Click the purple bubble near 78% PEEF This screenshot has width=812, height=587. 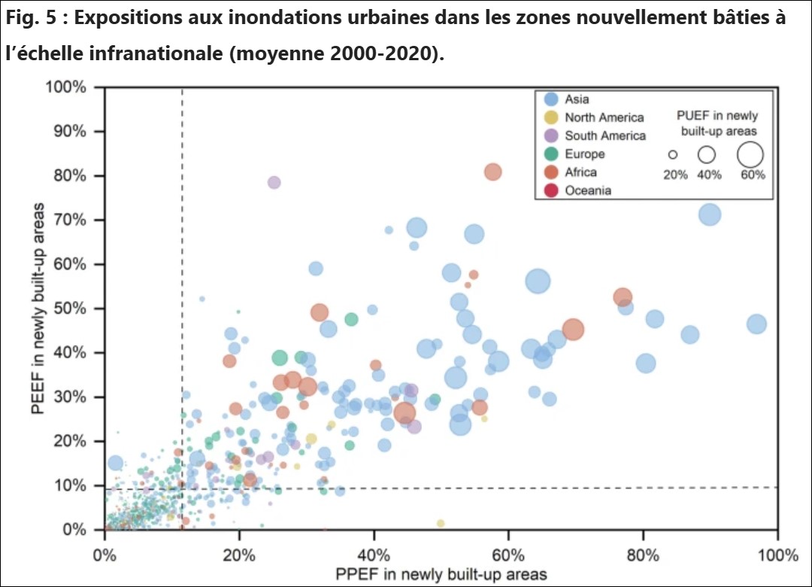click(274, 182)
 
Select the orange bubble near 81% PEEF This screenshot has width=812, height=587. click(492, 172)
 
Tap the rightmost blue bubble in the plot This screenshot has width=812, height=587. click(756, 324)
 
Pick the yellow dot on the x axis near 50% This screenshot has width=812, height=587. click(441, 523)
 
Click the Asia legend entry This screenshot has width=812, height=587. click(577, 99)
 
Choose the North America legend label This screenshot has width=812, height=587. click(604, 117)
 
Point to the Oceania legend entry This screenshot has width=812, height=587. click(588, 190)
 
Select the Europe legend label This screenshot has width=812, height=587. click(585, 154)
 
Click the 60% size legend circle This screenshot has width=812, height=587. click(750, 154)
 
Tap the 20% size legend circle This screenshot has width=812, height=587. click(673, 154)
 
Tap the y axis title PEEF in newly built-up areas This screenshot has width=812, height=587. click(37, 309)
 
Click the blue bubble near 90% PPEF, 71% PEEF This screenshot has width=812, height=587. click(710, 214)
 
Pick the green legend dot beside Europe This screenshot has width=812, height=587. click(551, 154)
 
